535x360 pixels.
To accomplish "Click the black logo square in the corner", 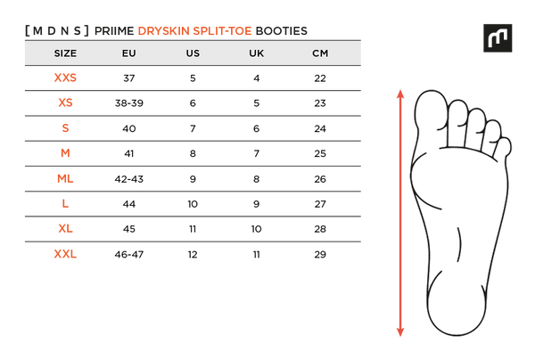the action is [x=498, y=37].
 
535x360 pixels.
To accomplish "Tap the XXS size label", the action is [x=65, y=78].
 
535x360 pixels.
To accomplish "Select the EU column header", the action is [x=129, y=53].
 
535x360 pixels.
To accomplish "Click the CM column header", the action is [x=320, y=53].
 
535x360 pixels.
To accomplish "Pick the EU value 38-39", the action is [x=129, y=103].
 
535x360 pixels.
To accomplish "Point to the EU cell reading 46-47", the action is [x=129, y=254].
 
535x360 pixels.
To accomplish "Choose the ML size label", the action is [x=65, y=178].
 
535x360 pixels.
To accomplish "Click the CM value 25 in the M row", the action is [x=320, y=153].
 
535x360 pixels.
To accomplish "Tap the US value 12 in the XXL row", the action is [x=193, y=254].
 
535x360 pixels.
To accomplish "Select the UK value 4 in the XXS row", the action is [x=257, y=78].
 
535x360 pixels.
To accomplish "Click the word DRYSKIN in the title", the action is [x=163, y=31].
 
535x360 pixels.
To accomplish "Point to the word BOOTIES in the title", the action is [x=282, y=31].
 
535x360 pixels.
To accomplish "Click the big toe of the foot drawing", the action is [x=431, y=110].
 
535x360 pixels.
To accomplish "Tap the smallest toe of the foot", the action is [x=504, y=147].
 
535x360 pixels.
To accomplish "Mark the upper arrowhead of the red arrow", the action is [x=400, y=94].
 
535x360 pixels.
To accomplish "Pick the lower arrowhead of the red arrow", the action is [x=400, y=332].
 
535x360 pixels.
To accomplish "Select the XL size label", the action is [x=65, y=228].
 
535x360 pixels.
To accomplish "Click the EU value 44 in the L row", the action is [x=129, y=204].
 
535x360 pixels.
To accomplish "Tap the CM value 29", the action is [x=320, y=254].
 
